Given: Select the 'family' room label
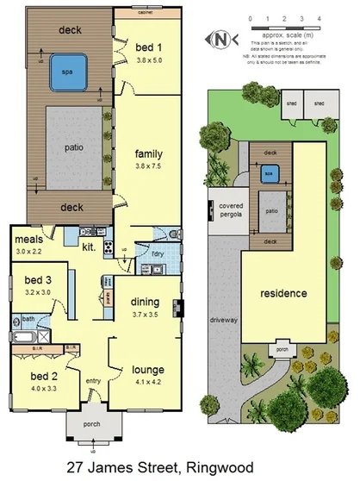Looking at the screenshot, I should tap(148, 153).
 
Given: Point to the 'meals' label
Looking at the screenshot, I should tap(28, 240).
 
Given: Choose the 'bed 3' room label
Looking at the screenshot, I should tap(37, 281).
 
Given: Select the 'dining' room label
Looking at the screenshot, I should tap(145, 302).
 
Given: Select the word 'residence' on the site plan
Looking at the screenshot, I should tap(283, 293).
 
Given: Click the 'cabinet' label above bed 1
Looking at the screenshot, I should tap(144, 13).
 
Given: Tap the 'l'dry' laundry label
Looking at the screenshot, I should tap(158, 254).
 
